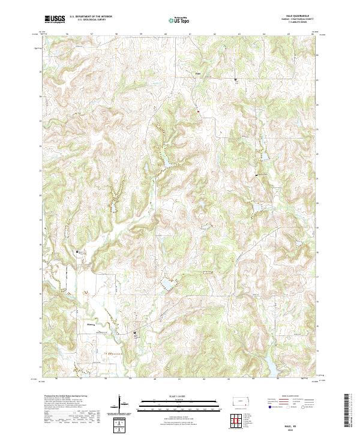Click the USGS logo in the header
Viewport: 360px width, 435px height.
click(x=55, y=19)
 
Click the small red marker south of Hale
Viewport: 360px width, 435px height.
click(x=197, y=111)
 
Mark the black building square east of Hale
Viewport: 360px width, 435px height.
click(x=236, y=79)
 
